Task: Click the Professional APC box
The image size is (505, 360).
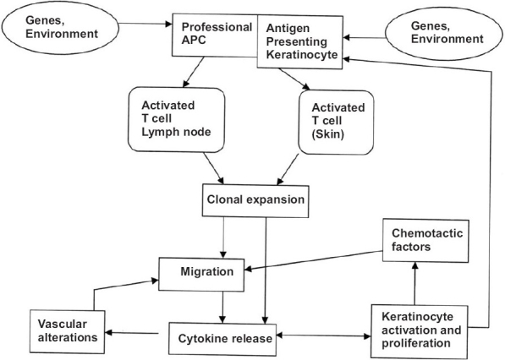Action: pos(215,35)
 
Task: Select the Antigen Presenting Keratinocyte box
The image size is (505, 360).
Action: pos(299,41)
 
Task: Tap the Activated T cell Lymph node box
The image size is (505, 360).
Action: pos(176,119)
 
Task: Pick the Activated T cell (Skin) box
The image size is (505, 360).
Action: pos(336,123)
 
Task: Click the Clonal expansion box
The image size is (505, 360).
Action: pos(255,200)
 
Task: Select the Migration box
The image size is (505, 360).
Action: pos(201,275)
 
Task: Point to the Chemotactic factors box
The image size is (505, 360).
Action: pos(425,241)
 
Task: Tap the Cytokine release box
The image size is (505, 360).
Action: pos(222,339)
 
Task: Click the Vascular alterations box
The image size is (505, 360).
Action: pos(68,331)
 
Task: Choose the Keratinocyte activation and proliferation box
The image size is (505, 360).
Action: pos(420,331)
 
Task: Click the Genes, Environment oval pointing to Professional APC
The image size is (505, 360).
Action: pos(60,27)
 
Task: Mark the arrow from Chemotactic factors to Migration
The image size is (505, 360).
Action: pos(313,260)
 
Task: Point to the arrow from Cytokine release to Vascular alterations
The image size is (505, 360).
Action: pos(132,333)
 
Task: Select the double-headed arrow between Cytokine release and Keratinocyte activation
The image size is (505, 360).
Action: pos(324,335)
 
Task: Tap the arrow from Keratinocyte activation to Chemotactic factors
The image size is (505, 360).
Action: pos(414,283)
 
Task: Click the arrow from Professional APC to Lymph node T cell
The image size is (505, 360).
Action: pos(193,73)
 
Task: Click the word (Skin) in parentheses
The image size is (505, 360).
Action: pos(328,134)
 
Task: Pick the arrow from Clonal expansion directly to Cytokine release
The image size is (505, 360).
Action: pos(266,270)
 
